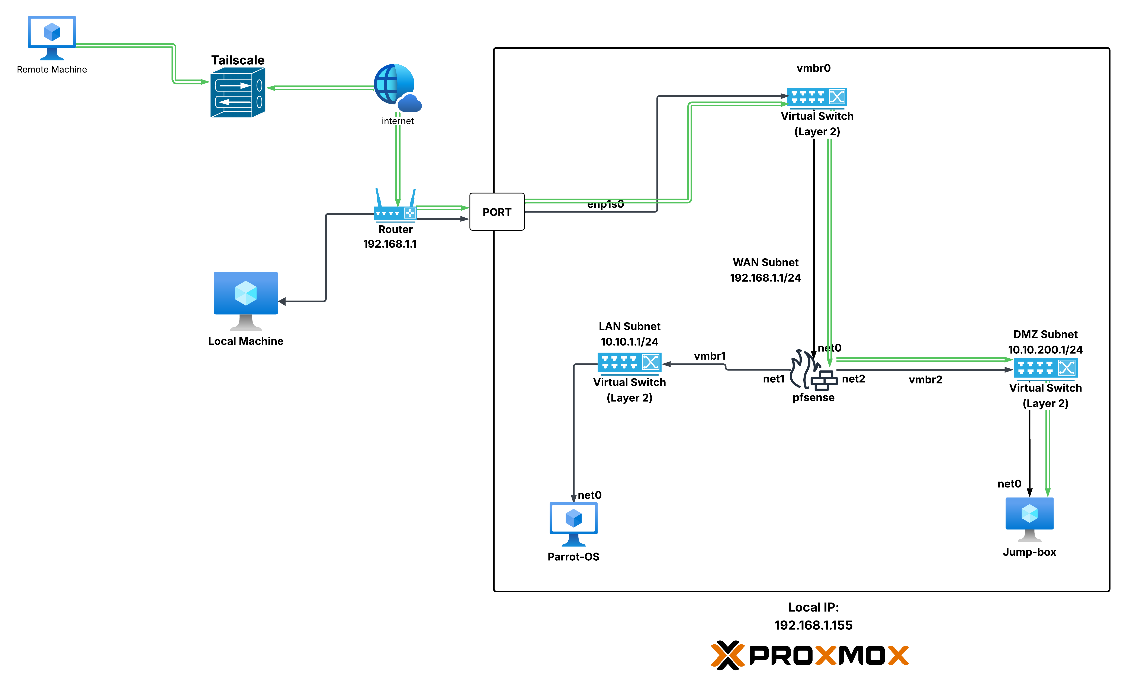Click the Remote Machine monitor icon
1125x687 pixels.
(x=52, y=38)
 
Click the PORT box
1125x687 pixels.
(x=497, y=212)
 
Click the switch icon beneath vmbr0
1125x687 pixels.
(x=817, y=97)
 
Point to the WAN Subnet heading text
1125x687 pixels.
(x=765, y=262)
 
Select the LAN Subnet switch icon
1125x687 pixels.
(x=629, y=362)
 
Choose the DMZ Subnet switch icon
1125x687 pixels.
(x=1045, y=368)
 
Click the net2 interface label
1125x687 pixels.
(x=853, y=379)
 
